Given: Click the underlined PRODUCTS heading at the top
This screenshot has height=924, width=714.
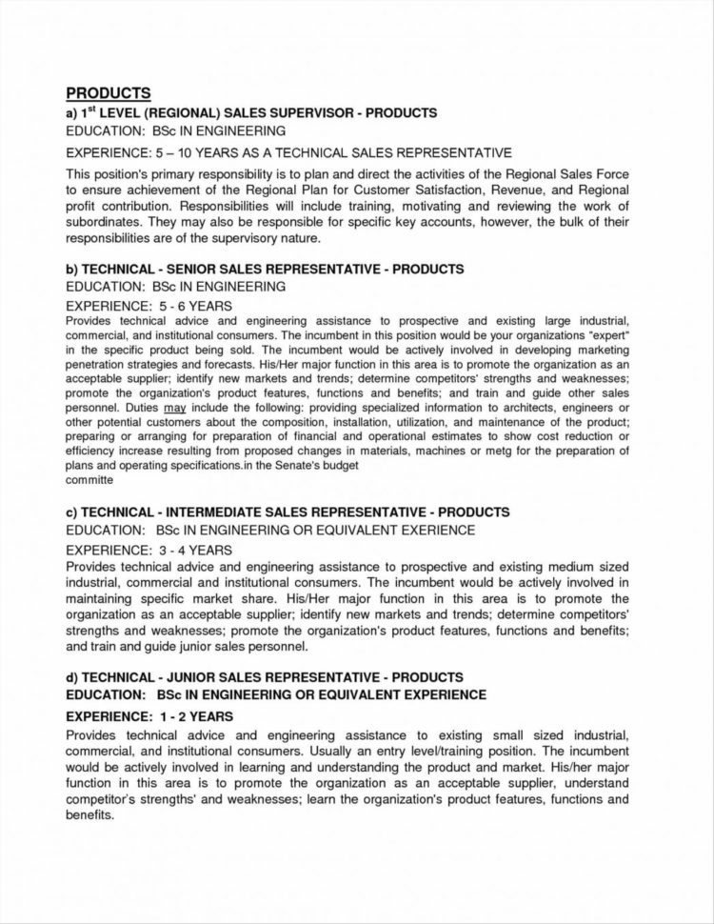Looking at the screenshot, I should pyautogui.click(x=109, y=93).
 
